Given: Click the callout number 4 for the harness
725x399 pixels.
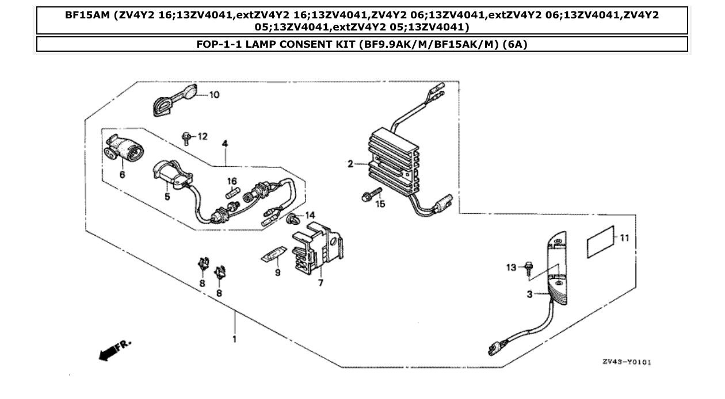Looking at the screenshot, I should point(225,144).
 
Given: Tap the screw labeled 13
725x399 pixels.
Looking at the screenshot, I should point(528,268).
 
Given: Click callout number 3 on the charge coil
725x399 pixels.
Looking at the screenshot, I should point(529,294).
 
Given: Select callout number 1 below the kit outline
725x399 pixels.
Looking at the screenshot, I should point(234,340).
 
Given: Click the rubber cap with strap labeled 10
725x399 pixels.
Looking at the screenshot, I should point(170,101).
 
